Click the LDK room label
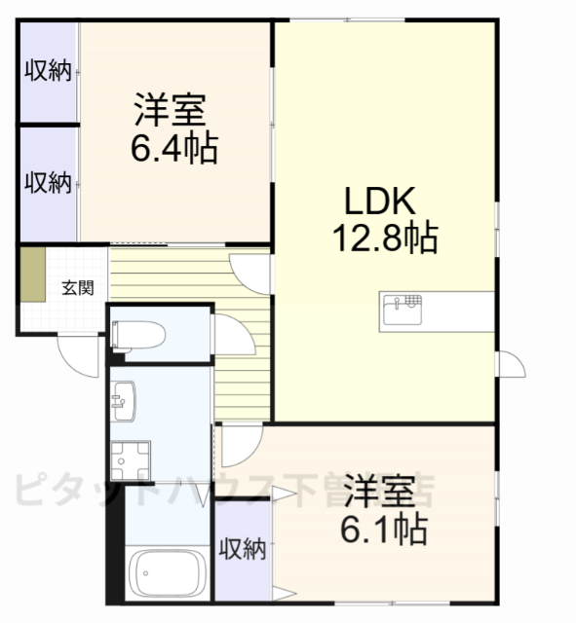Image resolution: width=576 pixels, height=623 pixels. pos(380,202)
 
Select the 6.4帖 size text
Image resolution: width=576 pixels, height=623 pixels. pos(174,148)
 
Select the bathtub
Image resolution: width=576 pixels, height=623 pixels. pos(168,575)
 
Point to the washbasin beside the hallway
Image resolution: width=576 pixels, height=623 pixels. pos(124,400)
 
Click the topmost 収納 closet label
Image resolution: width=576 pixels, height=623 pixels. pos(48,72)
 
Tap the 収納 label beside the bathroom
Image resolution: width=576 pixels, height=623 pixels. pos(242,549)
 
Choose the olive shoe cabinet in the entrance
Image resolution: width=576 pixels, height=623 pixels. pos(33,276)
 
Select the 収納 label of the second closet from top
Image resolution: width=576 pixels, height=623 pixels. pos(48,182)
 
